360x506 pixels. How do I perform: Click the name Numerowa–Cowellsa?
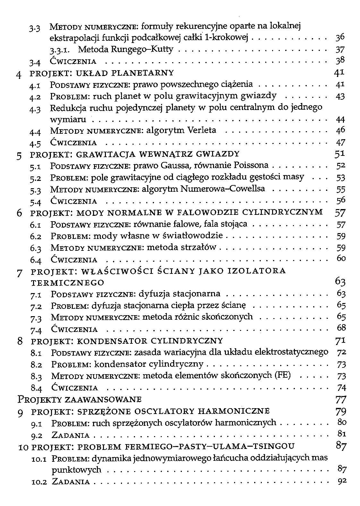[x=223, y=189]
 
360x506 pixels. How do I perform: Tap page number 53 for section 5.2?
[x=340, y=178]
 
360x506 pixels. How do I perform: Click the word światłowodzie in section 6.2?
[x=192, y=236]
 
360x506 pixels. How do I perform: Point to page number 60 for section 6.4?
[x=341, y=258]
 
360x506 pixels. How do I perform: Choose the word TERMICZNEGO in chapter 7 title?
[x=67, y=283]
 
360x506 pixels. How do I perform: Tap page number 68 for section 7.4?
[x=341, y=328]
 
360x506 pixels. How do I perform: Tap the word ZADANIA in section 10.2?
[x=71, y=482]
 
